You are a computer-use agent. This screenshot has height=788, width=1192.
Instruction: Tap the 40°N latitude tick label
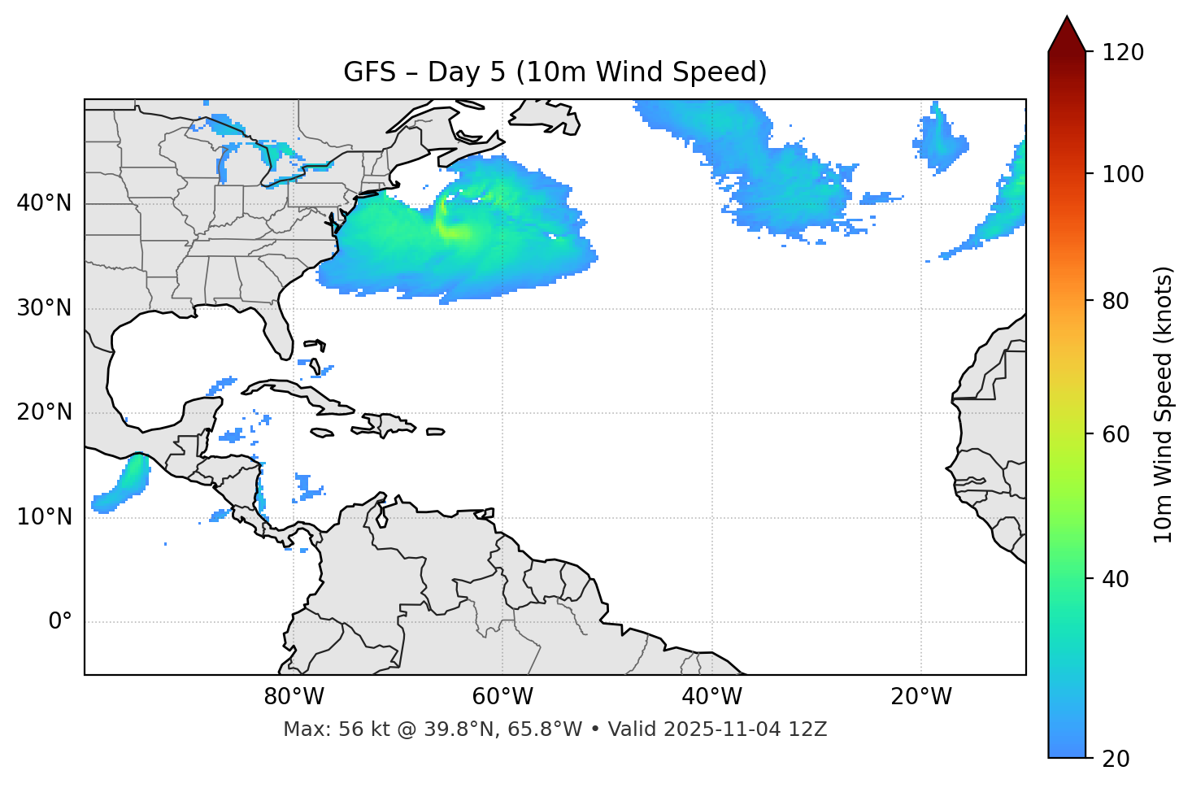(44, 203)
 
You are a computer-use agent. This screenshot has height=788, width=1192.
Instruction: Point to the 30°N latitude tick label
(44, 308)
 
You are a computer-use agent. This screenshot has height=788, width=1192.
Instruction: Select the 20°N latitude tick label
(44, 412)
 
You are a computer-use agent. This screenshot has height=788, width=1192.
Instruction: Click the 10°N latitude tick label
(44, 517)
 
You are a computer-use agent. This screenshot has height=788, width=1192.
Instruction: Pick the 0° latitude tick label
(60, 622)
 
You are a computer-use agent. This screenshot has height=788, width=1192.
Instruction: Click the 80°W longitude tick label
(294, 697)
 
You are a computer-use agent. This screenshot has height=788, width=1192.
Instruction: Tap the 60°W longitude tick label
(502, 697)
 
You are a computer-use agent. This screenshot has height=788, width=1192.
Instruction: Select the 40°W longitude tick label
(711, 697)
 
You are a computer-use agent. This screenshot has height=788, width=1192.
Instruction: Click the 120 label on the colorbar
(1123, 53)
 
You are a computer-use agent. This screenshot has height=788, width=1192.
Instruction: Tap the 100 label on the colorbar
(1123, 174)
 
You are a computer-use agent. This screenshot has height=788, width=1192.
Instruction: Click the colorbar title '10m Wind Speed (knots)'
(1164, 405)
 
